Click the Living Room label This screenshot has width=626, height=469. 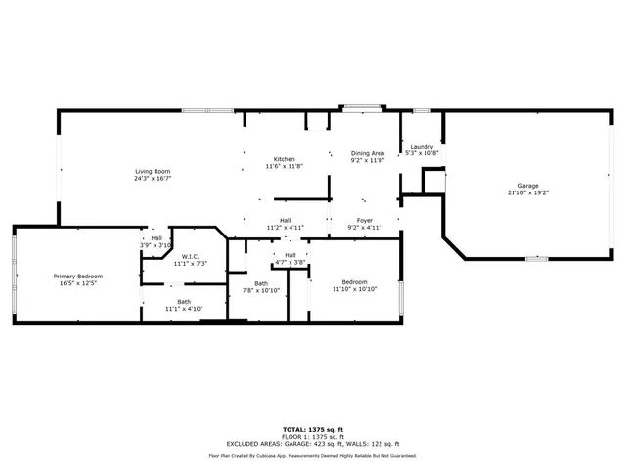[153, 172]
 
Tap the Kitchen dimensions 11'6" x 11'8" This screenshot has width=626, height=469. [284, 166]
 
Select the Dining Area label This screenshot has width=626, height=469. [368, 153]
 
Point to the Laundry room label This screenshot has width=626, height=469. [422, 147]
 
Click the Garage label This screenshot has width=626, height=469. [527, 186]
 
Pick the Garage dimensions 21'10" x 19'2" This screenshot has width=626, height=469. [527, 192]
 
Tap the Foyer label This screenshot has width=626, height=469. [364, 221]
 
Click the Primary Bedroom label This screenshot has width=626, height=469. [77, 277]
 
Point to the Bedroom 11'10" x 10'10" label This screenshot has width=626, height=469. [353, 282]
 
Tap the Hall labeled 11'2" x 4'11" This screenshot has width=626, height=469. [285, 221]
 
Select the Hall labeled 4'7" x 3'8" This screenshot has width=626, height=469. [291, 255]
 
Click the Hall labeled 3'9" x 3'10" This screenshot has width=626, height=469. [156, 238]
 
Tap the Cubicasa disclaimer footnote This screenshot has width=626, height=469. [313, 455]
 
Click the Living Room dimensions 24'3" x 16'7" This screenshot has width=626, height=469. [153, 179]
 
